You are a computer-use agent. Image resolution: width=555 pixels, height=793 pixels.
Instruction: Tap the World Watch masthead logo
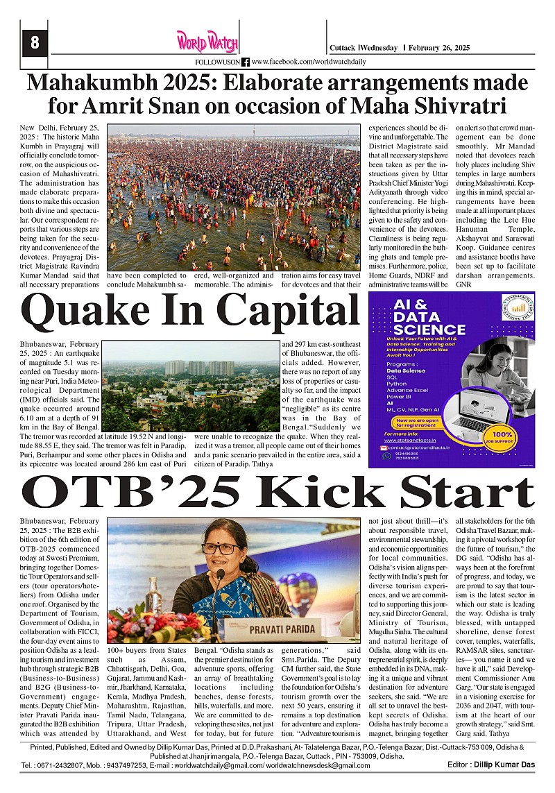(x=207, y=42)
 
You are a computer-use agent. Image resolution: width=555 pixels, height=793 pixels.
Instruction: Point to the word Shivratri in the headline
(x=459, y=106)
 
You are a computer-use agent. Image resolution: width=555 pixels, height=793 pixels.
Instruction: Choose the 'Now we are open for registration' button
(x=418, y=423)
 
